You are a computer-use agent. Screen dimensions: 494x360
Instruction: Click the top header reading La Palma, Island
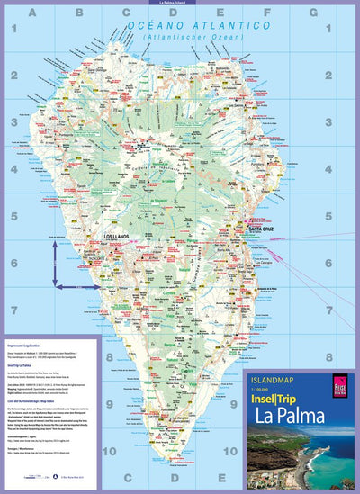[x=180, y=4]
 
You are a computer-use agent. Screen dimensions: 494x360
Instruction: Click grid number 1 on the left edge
[x=14, y=30]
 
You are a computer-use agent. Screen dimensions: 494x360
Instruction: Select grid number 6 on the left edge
[x=14, y=262]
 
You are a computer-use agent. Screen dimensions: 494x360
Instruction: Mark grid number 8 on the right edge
[x=350, y=355]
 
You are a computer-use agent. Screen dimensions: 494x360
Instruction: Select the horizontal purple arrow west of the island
[x=76, y=287]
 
